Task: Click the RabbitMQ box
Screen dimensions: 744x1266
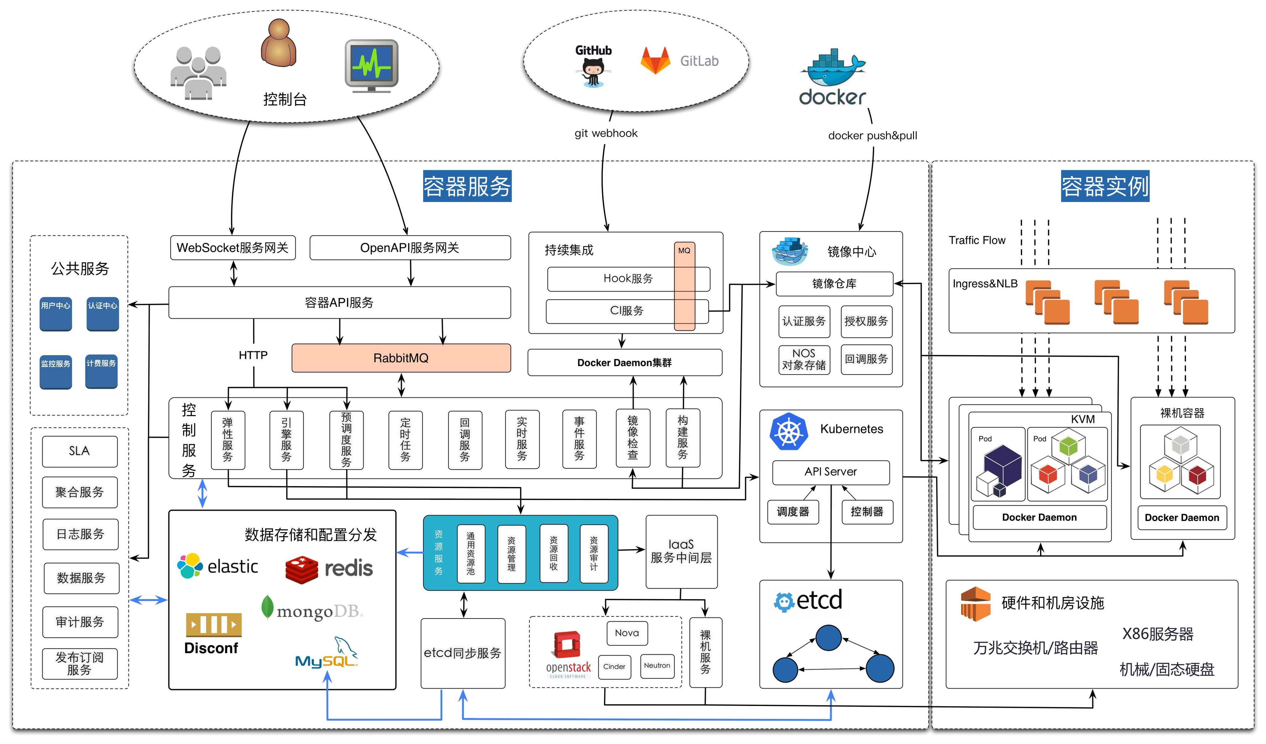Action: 401,358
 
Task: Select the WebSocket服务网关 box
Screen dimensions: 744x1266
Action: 233,247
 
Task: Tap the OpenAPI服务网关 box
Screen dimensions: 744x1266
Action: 410,247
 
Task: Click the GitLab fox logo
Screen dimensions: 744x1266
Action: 655,61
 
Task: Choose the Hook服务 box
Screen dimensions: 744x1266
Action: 628,279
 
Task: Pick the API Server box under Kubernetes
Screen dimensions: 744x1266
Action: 831,472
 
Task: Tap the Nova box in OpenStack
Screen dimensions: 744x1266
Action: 627,633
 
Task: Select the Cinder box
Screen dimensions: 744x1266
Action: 614,667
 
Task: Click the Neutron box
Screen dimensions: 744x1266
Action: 657,666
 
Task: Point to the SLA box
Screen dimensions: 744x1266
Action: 79,451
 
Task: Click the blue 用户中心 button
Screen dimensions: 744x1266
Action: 56,314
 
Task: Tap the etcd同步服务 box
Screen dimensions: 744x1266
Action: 463,653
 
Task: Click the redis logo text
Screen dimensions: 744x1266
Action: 349,569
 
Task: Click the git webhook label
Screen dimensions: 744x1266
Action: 606,133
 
